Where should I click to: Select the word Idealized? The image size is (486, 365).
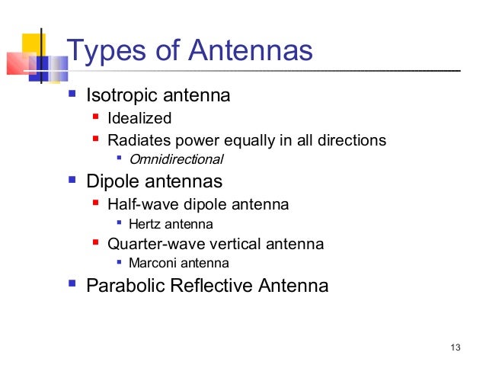click(139, 118)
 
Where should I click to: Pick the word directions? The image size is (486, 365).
click(350, 140)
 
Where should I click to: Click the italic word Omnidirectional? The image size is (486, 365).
click(176, 160)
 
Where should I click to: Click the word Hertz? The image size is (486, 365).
click(145, 224)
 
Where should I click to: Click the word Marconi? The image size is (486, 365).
click(153, 264)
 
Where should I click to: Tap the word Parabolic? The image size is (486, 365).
click(126, 287)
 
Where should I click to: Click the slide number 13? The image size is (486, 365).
click(456, 348)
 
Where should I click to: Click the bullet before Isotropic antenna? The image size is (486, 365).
click(72, 95)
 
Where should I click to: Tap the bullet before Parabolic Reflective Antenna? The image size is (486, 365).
click(72, 285)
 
